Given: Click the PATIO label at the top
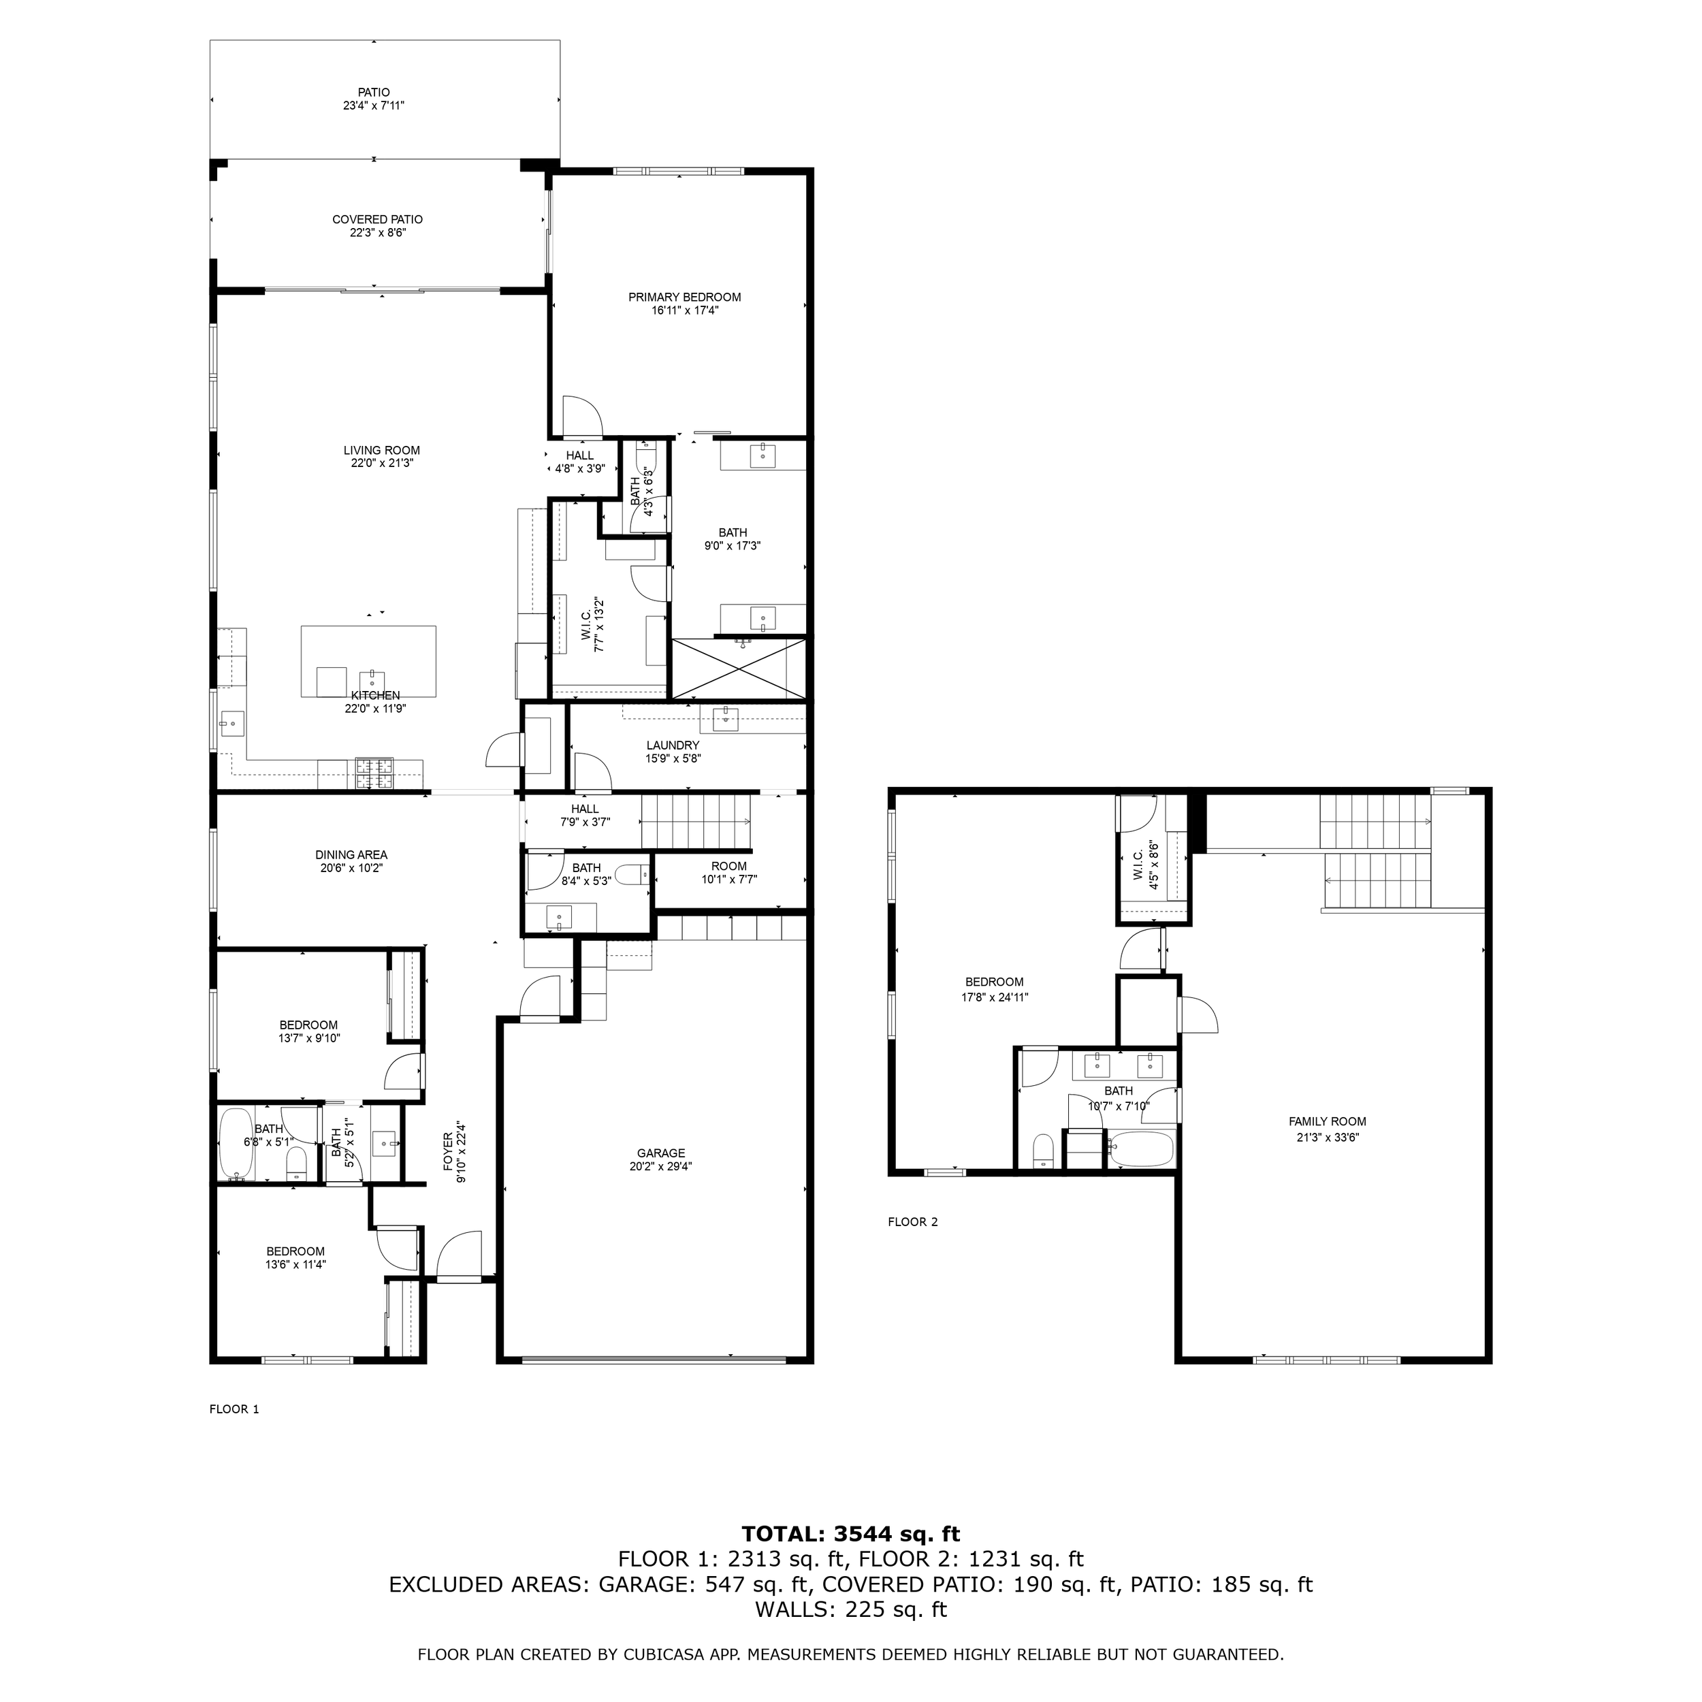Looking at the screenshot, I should click(374, 93).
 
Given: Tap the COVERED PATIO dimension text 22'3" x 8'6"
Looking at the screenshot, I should click(377, 234).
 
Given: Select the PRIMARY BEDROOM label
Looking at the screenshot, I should click(684, 298).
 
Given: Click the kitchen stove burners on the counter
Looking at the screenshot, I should click(374, 773).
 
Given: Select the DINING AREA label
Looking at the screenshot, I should click(351, 855).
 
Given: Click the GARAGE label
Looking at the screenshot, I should click(660, 1153).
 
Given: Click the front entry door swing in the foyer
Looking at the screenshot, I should click(459, 1255).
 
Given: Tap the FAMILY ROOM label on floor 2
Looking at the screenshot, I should click(1327, 1121).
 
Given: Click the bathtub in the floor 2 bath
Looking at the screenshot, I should click(1141, 1149).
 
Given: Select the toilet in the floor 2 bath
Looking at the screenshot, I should click(1043, 1151).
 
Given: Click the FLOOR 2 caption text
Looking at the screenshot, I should click(913, 1222).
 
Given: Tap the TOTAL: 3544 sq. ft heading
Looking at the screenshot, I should click(850, 1534).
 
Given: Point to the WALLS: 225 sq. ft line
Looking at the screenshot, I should click(850, 1609).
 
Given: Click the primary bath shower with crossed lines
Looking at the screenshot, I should click(738, 669).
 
